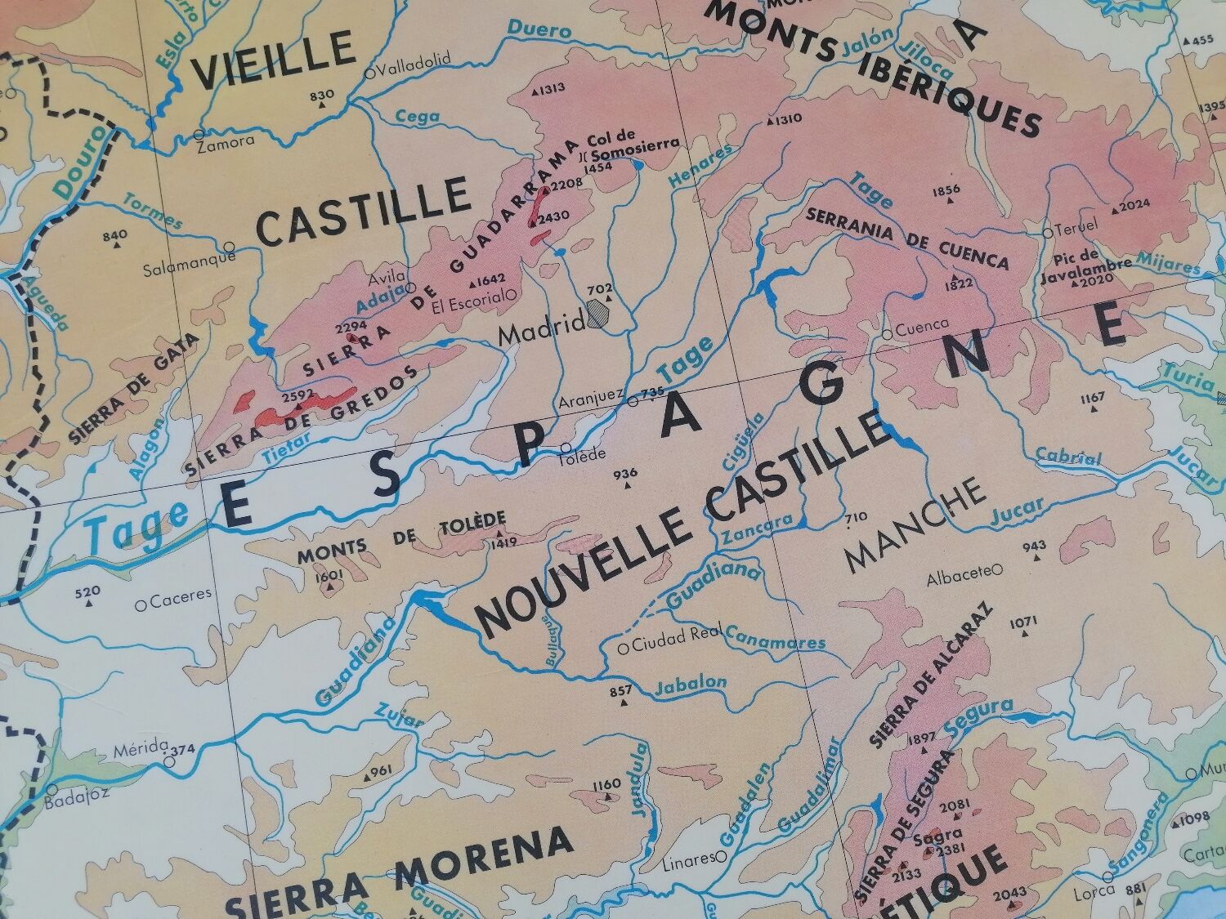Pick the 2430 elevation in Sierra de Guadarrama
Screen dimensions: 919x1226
point(550,217)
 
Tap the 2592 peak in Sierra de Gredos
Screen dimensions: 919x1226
point(298,395)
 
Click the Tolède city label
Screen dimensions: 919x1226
point(581,455)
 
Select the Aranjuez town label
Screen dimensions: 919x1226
point(591,402)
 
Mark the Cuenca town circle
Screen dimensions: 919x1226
point(888,333)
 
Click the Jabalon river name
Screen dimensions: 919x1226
point(691,684)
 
